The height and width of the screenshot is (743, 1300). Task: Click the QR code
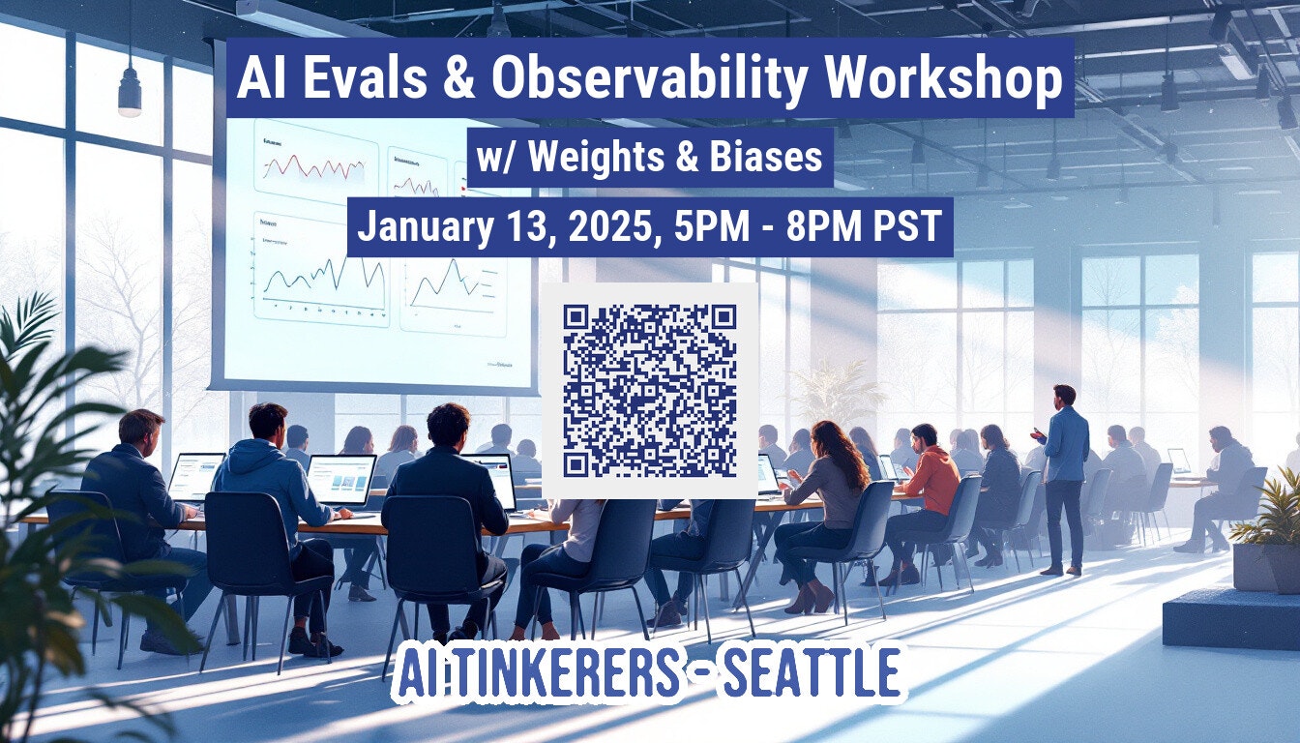pyautogui.click(x=649, y=390)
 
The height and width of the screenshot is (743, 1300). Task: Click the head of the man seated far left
pyautogui.click(x=141, y=428)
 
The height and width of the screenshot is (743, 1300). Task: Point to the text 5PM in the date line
pyautogui.click(x=709, y=227)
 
